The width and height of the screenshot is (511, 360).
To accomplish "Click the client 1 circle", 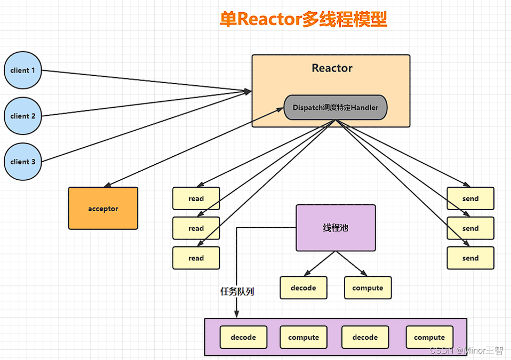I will click(23, 70).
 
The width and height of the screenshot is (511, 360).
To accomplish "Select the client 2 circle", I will click(23, 116).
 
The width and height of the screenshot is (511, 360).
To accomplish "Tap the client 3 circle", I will click(23, 162).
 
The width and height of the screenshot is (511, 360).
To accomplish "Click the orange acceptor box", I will click(103, 209).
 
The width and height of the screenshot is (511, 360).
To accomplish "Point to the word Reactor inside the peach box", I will click(332, 68).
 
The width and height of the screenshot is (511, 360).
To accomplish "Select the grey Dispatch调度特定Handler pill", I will click(335, 108).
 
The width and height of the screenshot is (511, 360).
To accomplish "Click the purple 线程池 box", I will click(336, 228).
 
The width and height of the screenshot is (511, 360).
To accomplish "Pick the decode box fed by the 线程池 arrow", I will click(303, 287).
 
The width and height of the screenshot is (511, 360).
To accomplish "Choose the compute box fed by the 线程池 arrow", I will click(368, 287).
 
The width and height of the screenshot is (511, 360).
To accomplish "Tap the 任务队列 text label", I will click(237, 292).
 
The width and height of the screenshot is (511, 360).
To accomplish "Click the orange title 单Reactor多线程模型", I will click(303, 19).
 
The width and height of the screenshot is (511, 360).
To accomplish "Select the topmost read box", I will click(196, 198).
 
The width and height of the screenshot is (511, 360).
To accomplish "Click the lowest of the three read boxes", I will click(196, 258).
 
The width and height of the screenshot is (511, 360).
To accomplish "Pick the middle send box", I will click(470, 228).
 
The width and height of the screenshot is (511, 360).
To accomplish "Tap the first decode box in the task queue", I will click(243, 337).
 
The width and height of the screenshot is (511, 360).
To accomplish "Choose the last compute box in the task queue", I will click(429, 337).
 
